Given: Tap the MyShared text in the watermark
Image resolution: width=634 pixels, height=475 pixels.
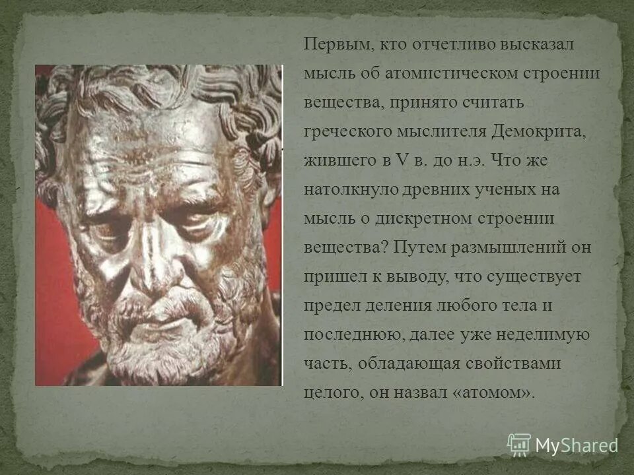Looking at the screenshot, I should [x=577, y=445].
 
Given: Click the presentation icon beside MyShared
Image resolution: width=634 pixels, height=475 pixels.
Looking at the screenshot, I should [x=519, y=445].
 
